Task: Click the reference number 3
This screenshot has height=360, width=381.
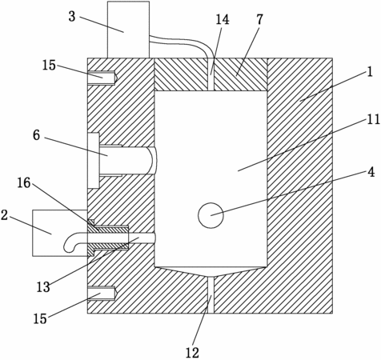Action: (72, 17)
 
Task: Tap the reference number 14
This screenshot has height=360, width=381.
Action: (223, 19)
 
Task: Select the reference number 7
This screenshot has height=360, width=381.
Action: (259, 19)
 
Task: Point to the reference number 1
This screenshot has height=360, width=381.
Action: (370, 72)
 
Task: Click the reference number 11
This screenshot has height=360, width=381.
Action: (373, 119)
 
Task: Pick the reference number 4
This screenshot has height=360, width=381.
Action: (371, 173)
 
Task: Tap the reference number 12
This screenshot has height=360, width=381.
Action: (192, 353)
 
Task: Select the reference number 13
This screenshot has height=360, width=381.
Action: (43, 287)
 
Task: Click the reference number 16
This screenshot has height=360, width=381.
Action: (24, 183)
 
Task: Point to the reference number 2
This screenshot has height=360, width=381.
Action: (4, 215)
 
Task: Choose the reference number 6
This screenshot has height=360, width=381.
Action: (36, 135)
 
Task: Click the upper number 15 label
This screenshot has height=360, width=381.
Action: (49, 65)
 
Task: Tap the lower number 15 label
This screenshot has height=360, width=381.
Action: (40, 318)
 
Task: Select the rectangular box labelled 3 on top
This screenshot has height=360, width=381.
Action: (128, 30)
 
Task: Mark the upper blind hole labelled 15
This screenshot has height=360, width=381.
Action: (102, 78)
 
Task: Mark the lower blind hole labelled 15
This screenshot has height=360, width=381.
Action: (102, 294)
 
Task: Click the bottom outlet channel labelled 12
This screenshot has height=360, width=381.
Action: (211, 294)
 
